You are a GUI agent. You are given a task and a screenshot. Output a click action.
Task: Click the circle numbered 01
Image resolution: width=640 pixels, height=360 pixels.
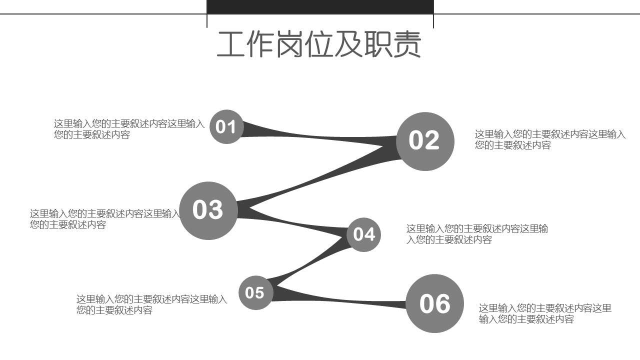click(226, 126)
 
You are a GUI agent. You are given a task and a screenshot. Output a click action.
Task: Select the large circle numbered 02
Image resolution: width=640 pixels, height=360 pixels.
click(425, 141)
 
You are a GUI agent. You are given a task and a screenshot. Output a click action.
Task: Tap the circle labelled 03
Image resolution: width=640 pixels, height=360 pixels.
click(208, 210)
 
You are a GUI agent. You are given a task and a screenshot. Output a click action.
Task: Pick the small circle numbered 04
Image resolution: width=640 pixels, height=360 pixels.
click(363, 234)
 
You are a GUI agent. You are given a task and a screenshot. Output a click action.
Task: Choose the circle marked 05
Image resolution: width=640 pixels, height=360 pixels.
click(255, 292)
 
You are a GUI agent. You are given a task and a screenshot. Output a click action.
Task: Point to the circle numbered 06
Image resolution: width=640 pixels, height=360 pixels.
click(434, 303)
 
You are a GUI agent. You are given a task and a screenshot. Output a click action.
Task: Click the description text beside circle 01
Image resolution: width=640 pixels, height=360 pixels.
click(129, 129)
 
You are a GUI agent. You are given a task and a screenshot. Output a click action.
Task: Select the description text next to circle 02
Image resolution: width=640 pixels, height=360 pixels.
click(550, 139)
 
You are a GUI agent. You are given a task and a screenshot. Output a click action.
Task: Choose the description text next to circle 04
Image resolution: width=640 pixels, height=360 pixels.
click(477, 234)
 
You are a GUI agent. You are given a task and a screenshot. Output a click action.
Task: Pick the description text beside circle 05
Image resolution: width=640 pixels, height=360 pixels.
click(151, 304)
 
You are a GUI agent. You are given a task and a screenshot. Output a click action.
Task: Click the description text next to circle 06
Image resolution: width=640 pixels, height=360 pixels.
click(545, 313)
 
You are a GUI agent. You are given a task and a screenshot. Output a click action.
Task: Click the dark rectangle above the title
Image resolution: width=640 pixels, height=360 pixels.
click(320, 7)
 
